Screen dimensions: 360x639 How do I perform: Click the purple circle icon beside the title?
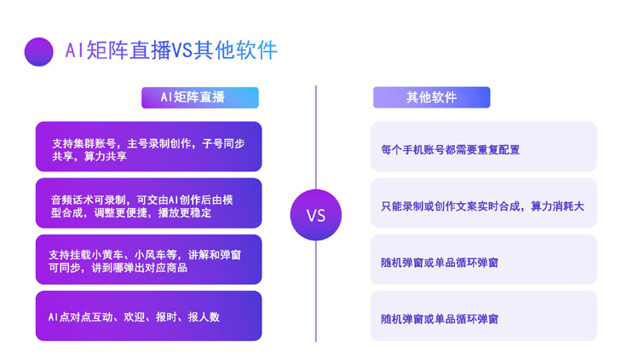point(39,51)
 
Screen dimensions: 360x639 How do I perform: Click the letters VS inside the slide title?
point(183,51)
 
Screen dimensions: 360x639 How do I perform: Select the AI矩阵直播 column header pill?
point(199,97)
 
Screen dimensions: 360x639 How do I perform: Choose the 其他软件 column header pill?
point(431,97)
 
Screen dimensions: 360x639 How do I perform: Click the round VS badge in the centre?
point(315,215)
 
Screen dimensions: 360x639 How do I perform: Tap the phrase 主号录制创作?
point(159,143)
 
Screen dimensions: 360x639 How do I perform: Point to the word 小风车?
point(157,254)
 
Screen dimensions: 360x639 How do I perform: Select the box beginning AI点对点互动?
point(149,316)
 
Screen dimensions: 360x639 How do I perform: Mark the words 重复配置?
point(498,150)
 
